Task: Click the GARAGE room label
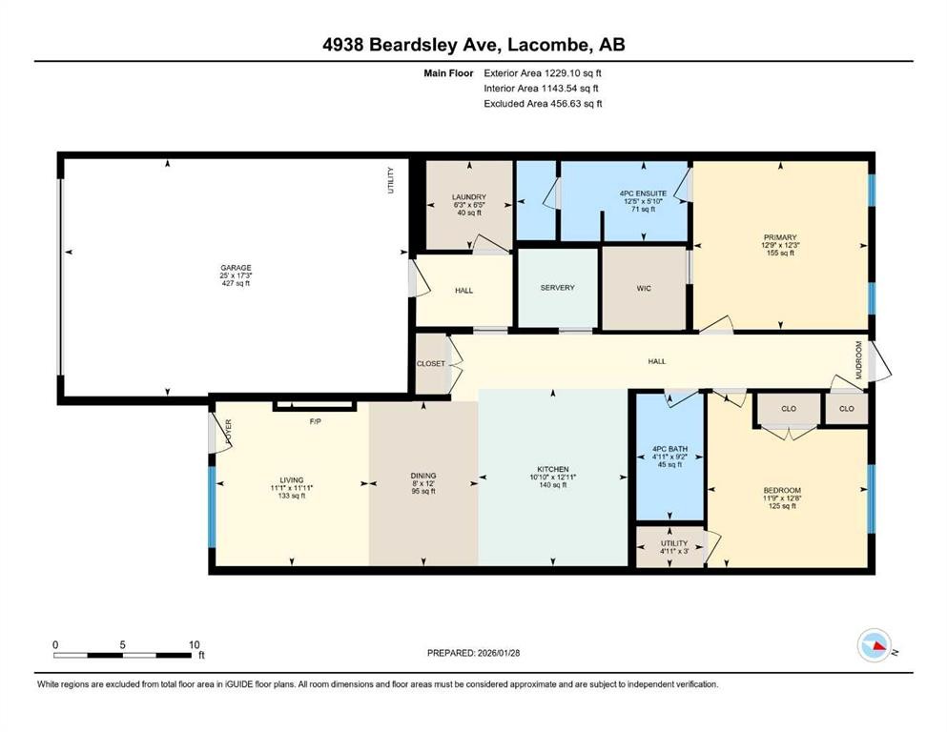[235, 268]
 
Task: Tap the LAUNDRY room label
[468, 197]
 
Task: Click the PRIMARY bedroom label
[779, 237]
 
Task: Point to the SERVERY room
[557, 288]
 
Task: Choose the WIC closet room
[644, 288]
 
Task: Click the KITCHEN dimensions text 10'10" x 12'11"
[552, 478]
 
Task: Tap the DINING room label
[423, 476]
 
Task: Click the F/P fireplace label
[314, 420]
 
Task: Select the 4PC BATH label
[669, 449]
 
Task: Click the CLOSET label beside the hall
[431, 363]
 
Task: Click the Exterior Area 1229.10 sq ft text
[543, 72]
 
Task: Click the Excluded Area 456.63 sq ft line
[543, 104]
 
